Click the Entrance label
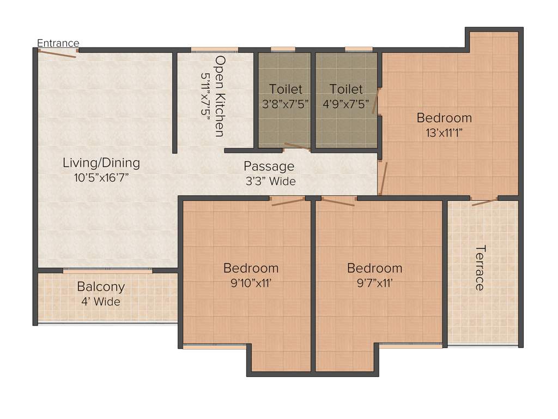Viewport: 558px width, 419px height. pyautogui.click(x=58, y=43)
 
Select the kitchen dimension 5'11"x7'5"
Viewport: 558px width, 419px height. pyautogui.click(x=206, y=96)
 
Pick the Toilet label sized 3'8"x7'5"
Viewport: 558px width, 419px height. pyautogui.click(x=285, y=89)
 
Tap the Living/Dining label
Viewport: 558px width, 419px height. pyautogui.click(x=101, y=163)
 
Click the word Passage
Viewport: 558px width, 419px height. pyautogui.click(x=269, y=166)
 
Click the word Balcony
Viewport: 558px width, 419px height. pyautogui.click(x=101, y=286)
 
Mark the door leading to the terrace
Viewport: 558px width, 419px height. pyautogui.click(x=484, y=202)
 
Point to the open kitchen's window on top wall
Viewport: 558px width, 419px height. pyautogui.click(x=214, y=50)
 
